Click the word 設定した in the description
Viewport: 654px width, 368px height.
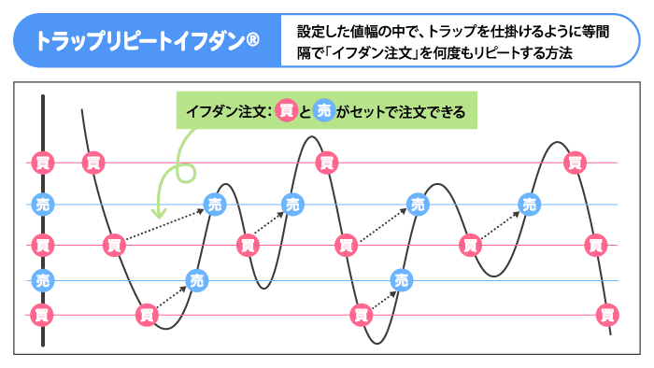pyautogui.click(x=321, y=31)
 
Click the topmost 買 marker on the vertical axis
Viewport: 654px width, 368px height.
pyautogui.click(x=42, y=163)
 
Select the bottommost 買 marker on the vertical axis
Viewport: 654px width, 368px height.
pyautogui.click(x=42, y=315)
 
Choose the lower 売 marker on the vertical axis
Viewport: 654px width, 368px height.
pyautogui.click(x=42, y=279)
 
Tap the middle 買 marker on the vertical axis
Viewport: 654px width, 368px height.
pyautogui.click(x=42, y=245)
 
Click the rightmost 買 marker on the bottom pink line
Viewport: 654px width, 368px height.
pyautogui.click(x=608, y=315)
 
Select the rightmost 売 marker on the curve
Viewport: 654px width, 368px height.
pyautogui.click(x=530, y=204)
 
